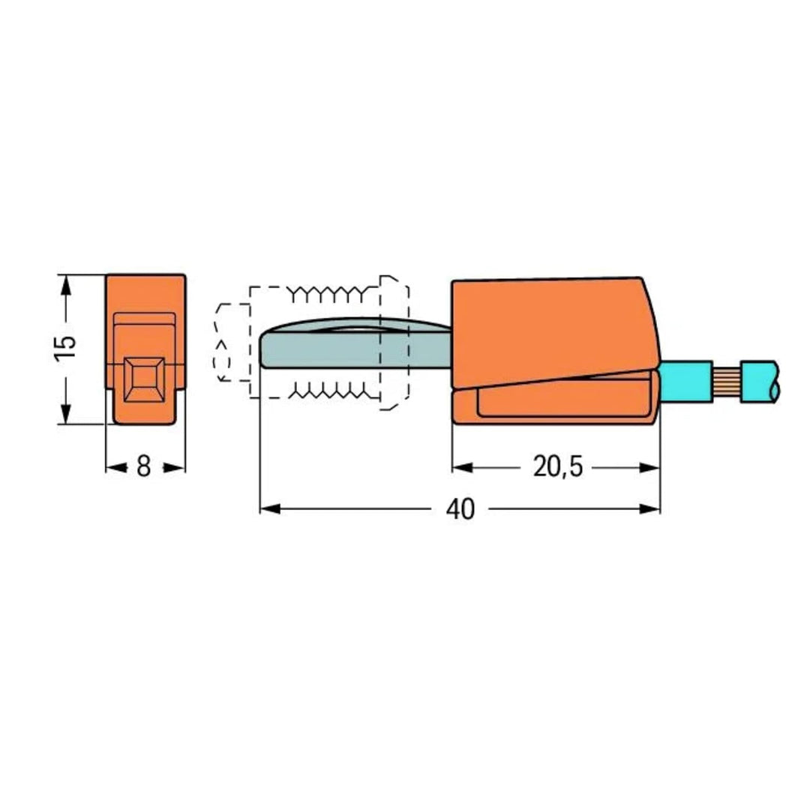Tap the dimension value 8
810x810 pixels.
(143, 467)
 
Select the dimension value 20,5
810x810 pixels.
(557, 467)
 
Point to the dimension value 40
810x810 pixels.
(460, 509)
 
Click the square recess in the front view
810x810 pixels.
(144, 379)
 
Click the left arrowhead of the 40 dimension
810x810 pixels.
(270, 508)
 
